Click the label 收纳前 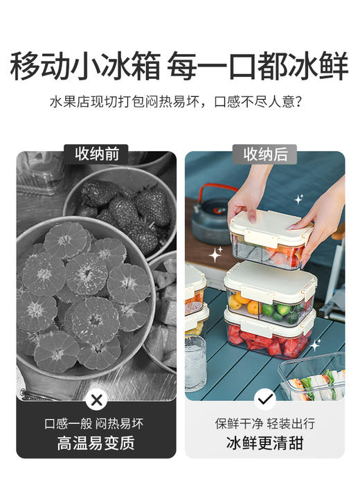[x=96, y=154]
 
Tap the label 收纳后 [x=264, y=154]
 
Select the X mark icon [x=97, y=400]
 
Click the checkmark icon [x=264, y=400]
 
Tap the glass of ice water [x=196, y=363]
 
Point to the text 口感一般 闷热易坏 [x=96, y=423]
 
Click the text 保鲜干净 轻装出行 [x=264, y=423]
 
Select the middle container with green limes [x=270, y=294]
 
